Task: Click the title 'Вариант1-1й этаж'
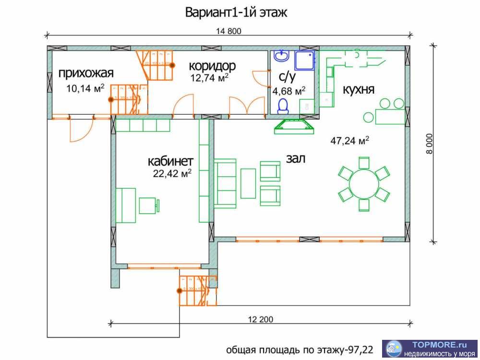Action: pos(236,12)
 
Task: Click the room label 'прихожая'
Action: pos(86,73)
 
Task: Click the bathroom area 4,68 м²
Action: pos(289,91)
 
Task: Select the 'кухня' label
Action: pos(358,90)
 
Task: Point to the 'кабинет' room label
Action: pos(170,160)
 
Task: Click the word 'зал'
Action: pos(296,158)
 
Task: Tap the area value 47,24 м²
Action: pos(349,141)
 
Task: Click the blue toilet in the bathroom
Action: pos(284,106)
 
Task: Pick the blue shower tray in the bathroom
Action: pos(305,61)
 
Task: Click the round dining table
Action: pos(364,183)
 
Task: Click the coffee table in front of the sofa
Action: pos(248,183)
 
